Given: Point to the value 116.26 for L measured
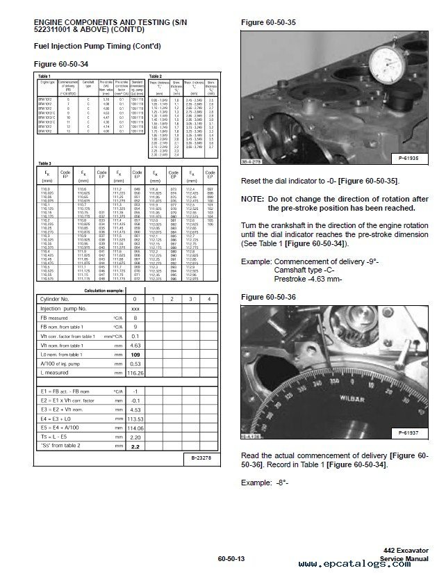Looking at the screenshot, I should (x=135, y=373).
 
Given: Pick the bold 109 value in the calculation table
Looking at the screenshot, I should (x=135, y=354).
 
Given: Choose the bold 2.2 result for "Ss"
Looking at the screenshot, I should (x=135, y=446).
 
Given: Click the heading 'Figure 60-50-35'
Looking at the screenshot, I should (x=267, y=22).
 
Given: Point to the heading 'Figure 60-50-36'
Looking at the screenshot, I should (x=267, y=296).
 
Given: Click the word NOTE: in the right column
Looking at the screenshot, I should (x=253, y=200).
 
